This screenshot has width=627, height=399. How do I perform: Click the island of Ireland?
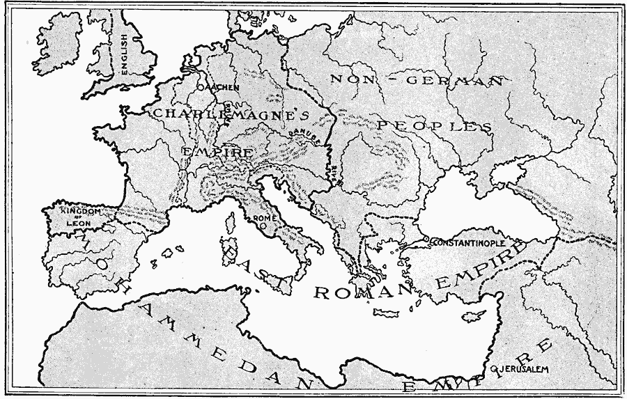coord(57,43)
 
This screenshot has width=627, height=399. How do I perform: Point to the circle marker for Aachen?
coord(201,88)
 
